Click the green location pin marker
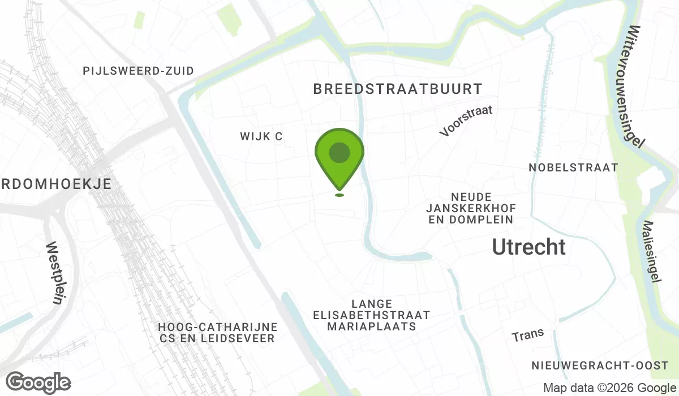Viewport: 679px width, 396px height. (x=339, y=161)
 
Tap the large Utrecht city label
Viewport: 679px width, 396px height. (x=528, y=247)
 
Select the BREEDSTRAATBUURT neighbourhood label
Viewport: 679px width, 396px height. (x=397, y=89)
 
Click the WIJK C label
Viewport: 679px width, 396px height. (x=261, y=136)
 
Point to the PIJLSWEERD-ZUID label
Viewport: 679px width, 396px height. (x=138, y=71)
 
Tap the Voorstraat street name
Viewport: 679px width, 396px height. (x=466, y=120)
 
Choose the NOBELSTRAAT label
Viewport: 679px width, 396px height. (x=573, y=167)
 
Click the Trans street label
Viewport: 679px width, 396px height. (x=528, y=334)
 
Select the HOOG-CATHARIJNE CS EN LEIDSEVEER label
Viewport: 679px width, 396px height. (x=218, y=333)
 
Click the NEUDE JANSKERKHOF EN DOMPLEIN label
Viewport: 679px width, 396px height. (x=470, y=208)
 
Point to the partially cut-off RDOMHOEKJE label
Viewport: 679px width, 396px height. (x=55, y=184)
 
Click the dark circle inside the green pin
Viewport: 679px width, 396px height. (x=339, y=153)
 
